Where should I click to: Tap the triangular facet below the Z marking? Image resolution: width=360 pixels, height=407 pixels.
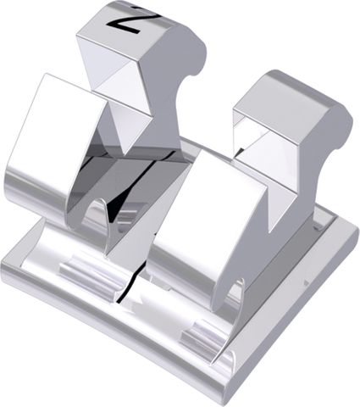tap(118, 72)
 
